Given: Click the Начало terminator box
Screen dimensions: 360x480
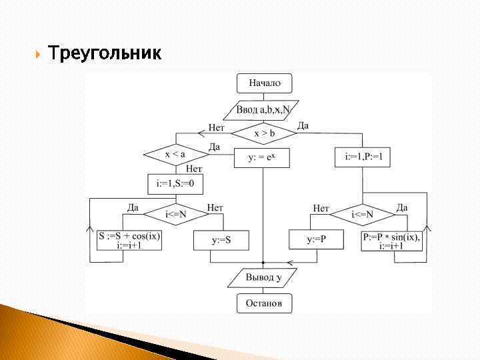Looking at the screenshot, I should tap(265, 83).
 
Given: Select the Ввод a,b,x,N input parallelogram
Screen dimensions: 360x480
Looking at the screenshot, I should tap(264, 109).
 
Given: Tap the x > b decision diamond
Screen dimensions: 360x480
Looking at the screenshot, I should tap(264, 133).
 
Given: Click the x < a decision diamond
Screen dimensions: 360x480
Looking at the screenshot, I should tap(175, 155).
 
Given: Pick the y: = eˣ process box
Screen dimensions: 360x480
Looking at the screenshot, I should tap(263, 158).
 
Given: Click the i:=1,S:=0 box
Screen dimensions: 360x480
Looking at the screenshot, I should tap(175, 183).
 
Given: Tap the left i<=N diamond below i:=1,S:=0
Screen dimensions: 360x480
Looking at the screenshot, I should tap(176, 214).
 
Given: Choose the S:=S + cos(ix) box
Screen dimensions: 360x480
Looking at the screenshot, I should tap(129, 240).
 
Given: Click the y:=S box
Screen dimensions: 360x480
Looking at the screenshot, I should tap(221, 239).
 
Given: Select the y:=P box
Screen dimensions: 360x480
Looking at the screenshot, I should tap(316, 239).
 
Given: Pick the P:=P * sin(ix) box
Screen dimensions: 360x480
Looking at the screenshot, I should tap(392, 240).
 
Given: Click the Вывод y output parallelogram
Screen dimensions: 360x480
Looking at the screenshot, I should tap(263, 277).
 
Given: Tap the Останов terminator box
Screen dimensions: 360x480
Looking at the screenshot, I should tap(264, 303).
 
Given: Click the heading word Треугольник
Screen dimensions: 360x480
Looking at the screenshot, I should tap(105, 53).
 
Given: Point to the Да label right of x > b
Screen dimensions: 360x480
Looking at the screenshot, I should tap(303, 126).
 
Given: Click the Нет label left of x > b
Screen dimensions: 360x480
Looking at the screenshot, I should tap(217, 127).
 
